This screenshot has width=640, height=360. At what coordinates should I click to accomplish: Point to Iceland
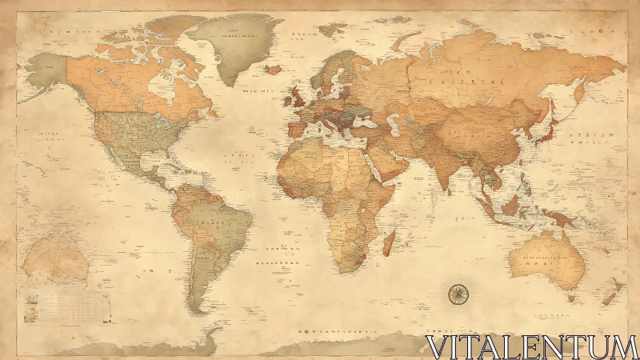[273, 70]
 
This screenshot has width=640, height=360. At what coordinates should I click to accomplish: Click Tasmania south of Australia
[570, 298]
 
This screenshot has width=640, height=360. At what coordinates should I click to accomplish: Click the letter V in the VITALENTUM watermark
[438, 346]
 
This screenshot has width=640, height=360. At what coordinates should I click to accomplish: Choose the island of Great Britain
[296, 96]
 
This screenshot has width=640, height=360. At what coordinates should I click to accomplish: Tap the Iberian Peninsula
[295, 129]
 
